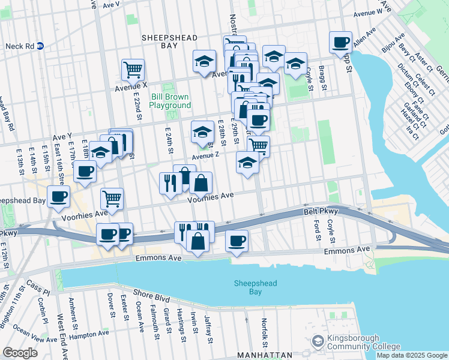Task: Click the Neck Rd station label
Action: pyautogui.click(x=19, y=46)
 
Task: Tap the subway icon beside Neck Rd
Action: pyautogui.click(x=40, y=46)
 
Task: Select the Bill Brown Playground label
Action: pyautogui.click(x=170, y=101)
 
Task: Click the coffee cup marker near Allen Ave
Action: pyautogui.click(x=341, y=43)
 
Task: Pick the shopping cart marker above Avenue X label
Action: pyautogui.click(x=132, y=69)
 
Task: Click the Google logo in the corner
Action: pyautogui.click(x=20, y=352)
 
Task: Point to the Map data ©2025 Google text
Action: pyautogui.click(x=412, y=355)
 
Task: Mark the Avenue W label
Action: pyautogui.click(x=372, y=13)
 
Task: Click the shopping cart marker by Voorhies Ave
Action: pyautogui.click(x=112, y=199)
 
